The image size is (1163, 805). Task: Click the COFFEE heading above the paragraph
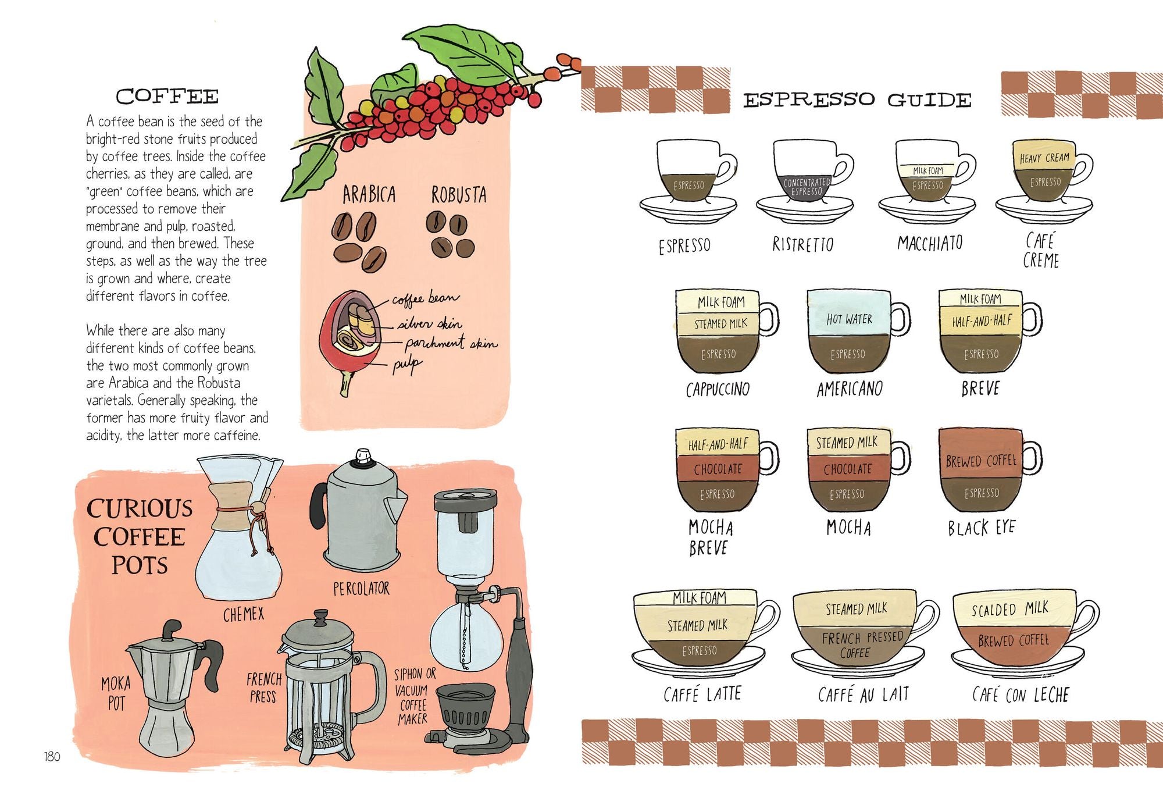167,97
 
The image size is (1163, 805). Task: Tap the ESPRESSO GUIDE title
857,100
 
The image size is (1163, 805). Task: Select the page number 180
52,756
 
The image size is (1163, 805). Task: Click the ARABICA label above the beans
369,195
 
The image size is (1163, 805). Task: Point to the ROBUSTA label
459,195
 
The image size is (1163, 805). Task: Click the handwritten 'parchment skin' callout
451,343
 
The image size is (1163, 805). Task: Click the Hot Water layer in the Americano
849,318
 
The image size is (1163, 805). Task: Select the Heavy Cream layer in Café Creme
1044,158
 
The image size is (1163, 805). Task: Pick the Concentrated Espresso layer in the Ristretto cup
807,187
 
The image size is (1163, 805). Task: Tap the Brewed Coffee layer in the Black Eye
980,461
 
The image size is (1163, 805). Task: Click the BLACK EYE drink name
981,528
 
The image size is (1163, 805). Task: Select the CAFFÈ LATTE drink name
702,694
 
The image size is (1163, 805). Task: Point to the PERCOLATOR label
361,589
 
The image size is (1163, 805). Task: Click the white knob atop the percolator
363,456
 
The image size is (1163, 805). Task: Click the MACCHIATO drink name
930,243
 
